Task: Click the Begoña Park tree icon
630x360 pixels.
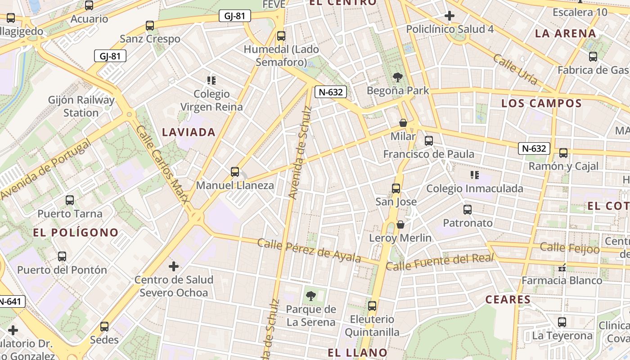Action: (x=397, y=77)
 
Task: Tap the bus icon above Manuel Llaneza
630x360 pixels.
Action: (x=234, y=171)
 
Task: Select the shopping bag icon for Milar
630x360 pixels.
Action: (x=403, y=123)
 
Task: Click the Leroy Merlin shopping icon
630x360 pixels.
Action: (x=400, y=225)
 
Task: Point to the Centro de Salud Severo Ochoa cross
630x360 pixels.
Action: (x=174, y=266)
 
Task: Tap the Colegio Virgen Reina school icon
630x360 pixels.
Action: (x=211, y=81)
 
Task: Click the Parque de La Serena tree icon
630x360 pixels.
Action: (x=310, y=296)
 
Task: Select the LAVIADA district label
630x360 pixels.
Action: (x=189, y=132)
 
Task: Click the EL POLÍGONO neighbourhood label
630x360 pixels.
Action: (x=76, y=233)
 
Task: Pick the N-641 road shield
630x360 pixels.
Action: (x=11, y=301)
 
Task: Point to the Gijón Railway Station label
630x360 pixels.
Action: (x=81, y=106)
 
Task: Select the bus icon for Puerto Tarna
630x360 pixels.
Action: (x=70, y=200)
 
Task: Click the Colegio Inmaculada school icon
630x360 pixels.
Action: (x=474, y=175)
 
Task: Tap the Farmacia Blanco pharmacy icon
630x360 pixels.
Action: (x=562, y=268)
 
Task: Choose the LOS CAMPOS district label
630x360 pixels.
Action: (x=541, y=103)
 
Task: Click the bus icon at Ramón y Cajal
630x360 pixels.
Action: (x=563, y=153)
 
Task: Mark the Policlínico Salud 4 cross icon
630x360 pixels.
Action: (x=449, y=16)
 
